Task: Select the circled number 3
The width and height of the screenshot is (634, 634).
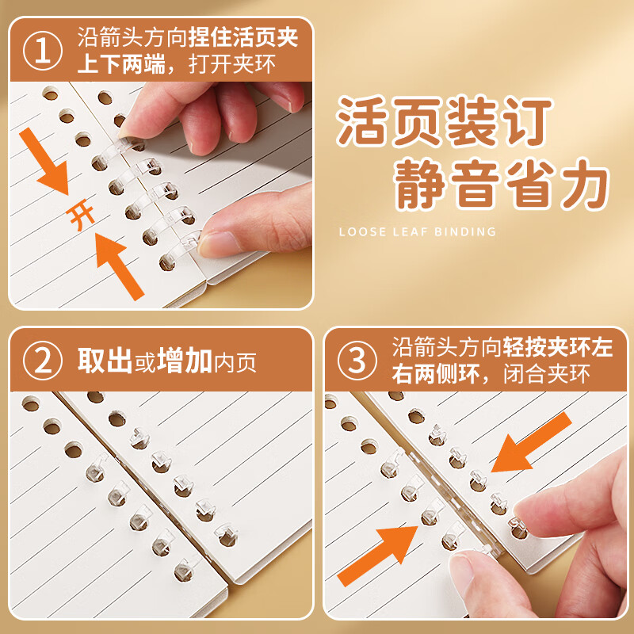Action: point(358,361)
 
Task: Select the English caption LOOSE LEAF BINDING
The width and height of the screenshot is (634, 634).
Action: point(417,232)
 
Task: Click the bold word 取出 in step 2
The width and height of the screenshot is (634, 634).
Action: point(104,362)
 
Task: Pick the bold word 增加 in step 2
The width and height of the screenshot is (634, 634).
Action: point(185,362)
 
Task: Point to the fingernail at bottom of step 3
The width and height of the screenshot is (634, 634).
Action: point(468,567)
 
